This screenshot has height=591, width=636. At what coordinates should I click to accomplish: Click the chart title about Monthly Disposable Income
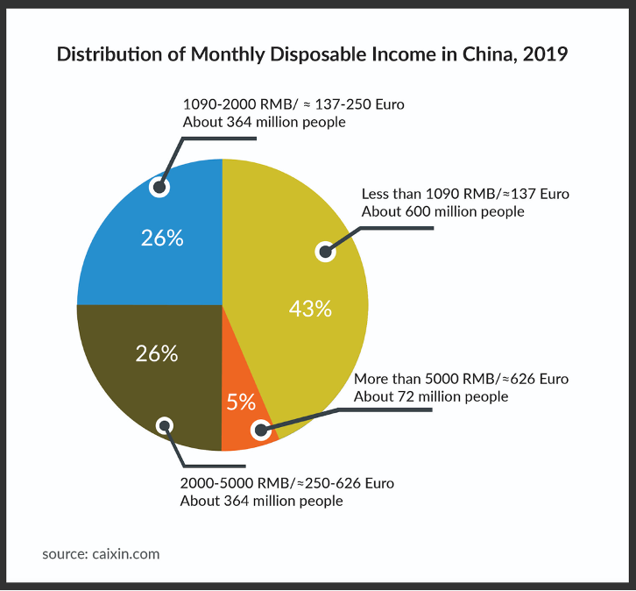tap(313, 54)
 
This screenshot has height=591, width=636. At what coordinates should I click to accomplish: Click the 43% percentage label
tap(311, 309)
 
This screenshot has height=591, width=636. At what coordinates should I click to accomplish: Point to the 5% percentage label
tap(241, 402)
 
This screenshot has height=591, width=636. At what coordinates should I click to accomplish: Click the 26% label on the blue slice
tap(162, 238)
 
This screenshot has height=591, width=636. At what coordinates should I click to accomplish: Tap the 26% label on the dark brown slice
tap(157, 354)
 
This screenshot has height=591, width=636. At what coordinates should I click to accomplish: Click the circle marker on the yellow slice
tap(325, 253)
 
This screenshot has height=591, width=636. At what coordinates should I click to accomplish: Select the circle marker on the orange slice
tap(260, 430)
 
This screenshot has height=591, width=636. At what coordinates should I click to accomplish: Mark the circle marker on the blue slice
tap(159, 186)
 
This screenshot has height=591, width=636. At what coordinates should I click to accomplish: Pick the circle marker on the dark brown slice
tap(164, 426)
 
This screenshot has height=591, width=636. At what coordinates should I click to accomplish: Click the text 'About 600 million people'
tap(442, 211)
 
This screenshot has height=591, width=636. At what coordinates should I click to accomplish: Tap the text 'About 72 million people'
tap(430, 397)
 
